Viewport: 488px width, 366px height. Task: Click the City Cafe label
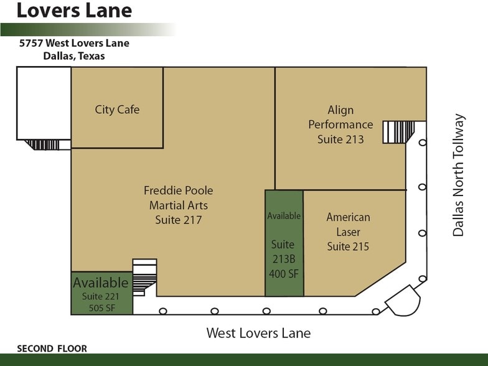point(117,110)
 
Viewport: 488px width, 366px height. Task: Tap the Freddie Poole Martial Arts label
point(178,198)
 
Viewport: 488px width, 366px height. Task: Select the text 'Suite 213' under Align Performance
point(340,139)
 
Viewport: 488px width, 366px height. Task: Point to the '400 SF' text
point(283,273)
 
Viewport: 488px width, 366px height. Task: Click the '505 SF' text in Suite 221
point(101,307)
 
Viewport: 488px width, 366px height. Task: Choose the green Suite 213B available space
point(284,243)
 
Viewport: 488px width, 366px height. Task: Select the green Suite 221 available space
point(101,293)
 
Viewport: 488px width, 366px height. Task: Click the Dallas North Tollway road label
point(459,175)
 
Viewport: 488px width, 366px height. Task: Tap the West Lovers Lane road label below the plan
point(258,333)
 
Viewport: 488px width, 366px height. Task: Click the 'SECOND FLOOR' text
point(52,349)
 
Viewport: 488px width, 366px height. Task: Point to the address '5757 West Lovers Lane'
point(73,44)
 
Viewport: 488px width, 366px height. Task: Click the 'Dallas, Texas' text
point(73,56)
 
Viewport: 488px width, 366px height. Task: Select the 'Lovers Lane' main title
point(73,11)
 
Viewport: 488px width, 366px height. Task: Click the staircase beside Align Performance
point(398,132)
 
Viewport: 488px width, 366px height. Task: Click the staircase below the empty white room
point(44,144)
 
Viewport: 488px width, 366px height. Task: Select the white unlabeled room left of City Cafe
point(44,103)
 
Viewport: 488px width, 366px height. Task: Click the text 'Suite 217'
point(178,220)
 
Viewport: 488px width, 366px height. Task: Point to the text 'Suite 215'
point(348,246)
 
